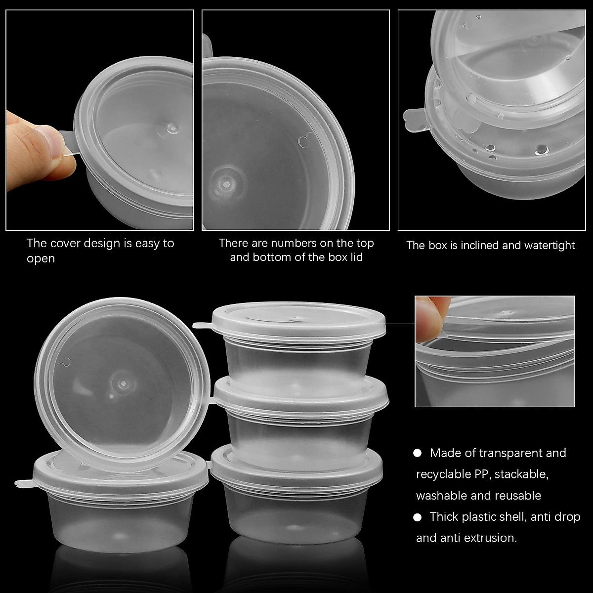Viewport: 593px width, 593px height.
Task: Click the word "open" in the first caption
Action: point(41,259)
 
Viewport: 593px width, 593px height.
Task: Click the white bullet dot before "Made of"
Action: point(418,453)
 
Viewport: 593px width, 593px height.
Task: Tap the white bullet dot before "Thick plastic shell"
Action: point(418,517)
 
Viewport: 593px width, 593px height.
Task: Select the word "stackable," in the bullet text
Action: point(522,474)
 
